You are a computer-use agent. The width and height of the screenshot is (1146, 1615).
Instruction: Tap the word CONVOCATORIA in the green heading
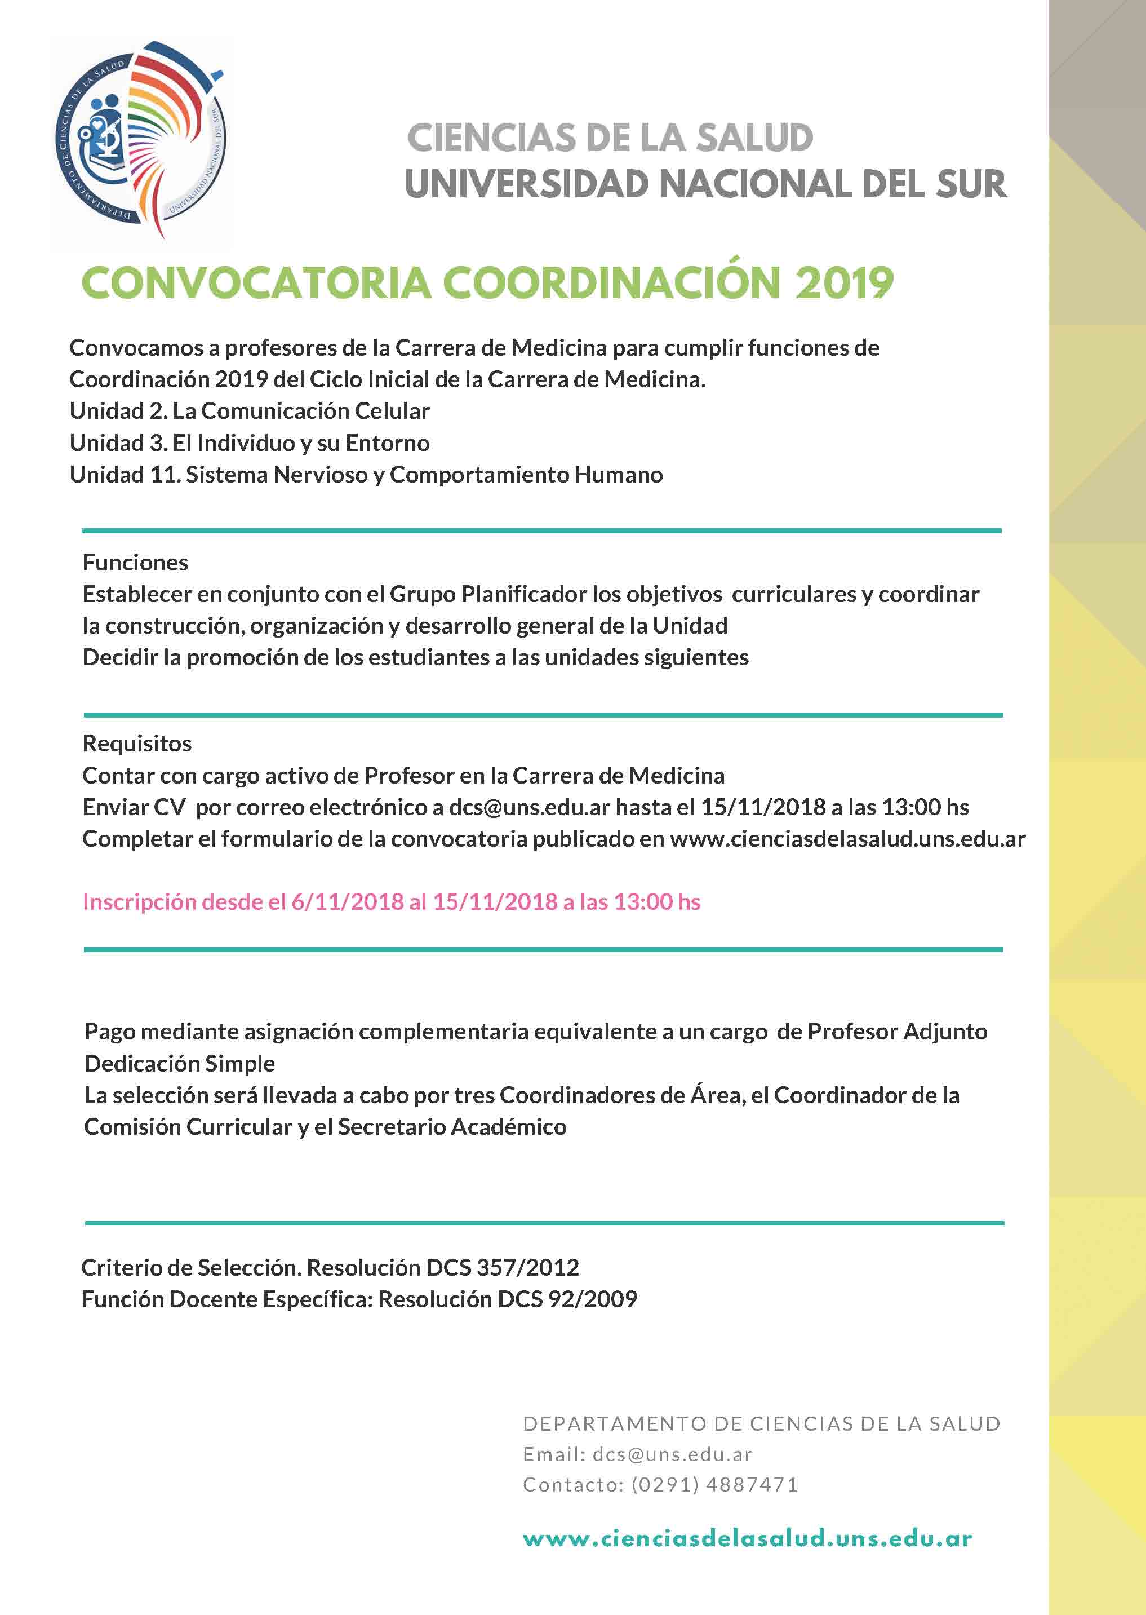point(255,283)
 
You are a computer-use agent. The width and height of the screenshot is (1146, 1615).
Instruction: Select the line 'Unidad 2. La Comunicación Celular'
point(249,411)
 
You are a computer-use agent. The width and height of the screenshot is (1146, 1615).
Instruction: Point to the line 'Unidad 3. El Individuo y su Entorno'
point(249,443)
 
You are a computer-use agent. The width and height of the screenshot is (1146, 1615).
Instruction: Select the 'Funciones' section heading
point(135,563)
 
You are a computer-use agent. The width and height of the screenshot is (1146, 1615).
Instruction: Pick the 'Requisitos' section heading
point(137,744)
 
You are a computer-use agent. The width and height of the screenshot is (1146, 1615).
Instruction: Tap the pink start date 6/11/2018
point(347,902)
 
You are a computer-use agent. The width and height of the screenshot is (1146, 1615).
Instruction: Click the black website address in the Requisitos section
point(847,839)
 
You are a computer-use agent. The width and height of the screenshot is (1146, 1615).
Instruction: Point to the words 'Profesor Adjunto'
point(897,1032)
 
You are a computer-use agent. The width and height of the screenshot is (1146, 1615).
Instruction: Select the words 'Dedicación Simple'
point(179,1064)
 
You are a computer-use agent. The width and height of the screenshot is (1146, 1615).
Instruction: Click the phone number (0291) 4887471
point(714,1485)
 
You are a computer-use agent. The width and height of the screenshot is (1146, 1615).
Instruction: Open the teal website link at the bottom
point(747,1539)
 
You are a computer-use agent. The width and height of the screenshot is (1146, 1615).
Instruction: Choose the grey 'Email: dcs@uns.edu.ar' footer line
point(637,1454)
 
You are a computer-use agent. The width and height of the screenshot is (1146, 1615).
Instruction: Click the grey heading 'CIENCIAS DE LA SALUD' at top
point(610,138)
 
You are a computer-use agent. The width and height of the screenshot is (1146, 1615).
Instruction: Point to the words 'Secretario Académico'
point(452,1127)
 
